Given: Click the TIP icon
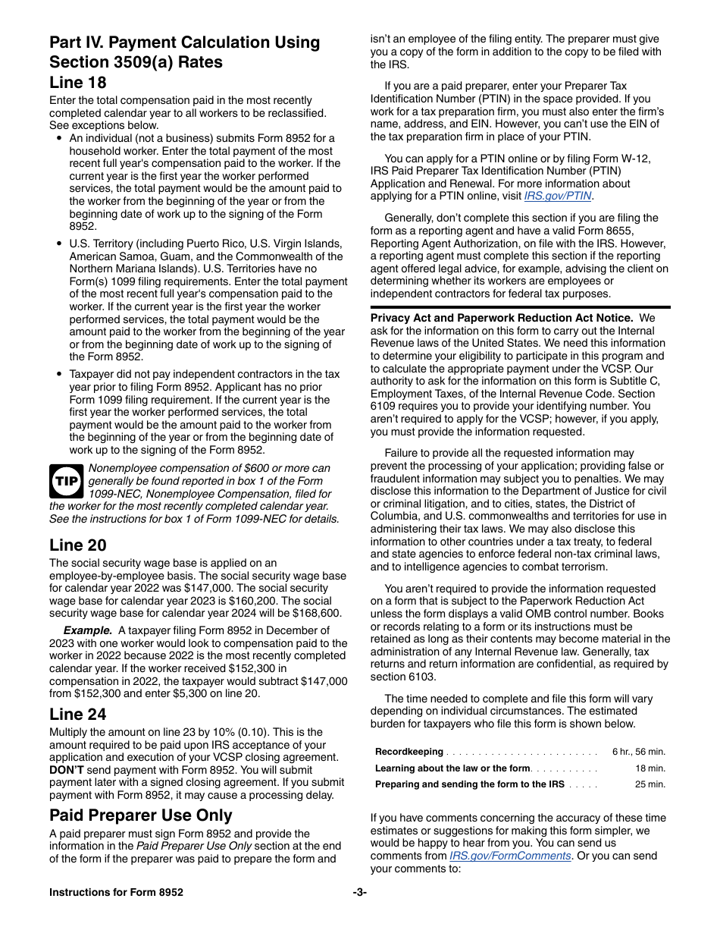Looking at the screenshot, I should coord(67,481).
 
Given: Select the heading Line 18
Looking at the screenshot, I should coord(78,83).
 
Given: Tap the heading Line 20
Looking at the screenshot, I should coord(78,545).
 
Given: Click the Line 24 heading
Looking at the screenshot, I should coord(78,715).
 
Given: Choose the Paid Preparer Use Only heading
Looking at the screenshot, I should coord(140,815).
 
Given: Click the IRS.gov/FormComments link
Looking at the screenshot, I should coord(509,856).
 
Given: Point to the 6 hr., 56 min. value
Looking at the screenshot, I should coord(638,752).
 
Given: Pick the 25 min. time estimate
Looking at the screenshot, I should coord(650,785).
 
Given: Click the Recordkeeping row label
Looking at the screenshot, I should coord(409,752).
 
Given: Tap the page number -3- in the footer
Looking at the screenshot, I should coord(359,893).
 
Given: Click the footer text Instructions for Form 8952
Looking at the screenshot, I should coord(116,893).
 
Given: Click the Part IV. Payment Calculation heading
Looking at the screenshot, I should coord(184,52).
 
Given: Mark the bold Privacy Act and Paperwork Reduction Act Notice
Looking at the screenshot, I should coord(501,318).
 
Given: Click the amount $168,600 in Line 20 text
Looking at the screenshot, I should coord(318,614).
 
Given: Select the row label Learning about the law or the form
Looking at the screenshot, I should coord(452,768).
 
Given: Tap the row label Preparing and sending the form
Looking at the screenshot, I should coord(469,785).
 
